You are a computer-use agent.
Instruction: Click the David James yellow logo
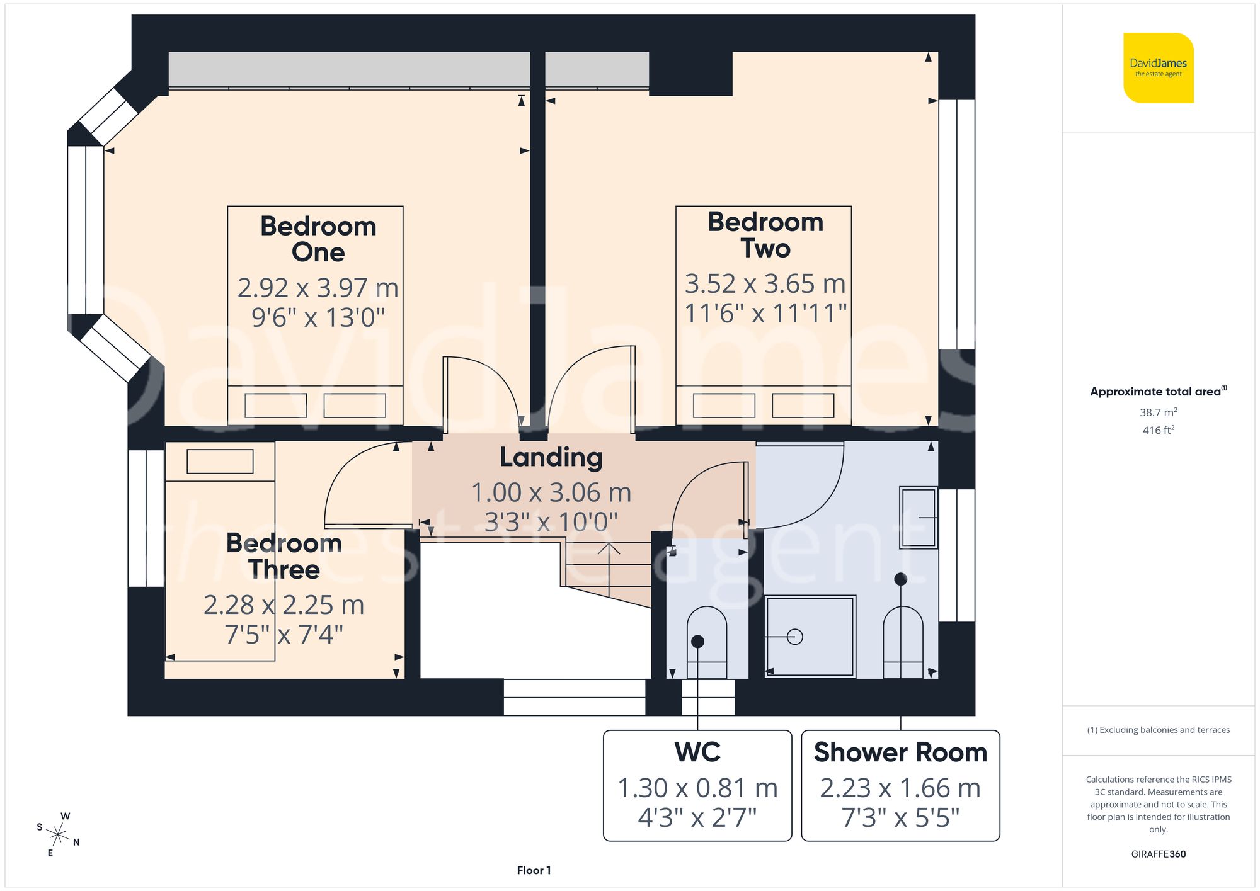[x=1158, y=68]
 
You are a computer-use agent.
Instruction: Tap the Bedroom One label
[x=318, y=239]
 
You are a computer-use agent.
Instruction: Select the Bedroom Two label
[x=765, y=235]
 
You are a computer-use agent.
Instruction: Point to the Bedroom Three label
[x=283, y=556]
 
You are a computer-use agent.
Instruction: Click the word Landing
[x=551, y=458]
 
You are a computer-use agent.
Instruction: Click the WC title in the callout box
[x=697, y=752]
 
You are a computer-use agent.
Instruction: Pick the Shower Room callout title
[x=900, y=752]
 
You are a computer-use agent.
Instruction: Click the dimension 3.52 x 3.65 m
[x=765, y=284]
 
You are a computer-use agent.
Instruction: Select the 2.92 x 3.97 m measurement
[x=318, y=288]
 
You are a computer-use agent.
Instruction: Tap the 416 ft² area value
[x=1158, y=430]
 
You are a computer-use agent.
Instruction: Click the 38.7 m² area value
[x=1158, y=412]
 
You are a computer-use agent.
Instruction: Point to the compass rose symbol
[x=58, y=835]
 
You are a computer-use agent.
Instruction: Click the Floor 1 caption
[x=534, y=870]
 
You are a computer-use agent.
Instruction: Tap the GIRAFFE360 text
[x=1158, y=854]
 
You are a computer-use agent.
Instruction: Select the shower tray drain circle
[x=795, y=637]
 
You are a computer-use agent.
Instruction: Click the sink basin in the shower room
[x=918, y=517]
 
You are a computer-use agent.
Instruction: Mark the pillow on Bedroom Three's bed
[x=220, y=462]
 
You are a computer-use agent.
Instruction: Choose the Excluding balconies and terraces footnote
[x=1158, y=730]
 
